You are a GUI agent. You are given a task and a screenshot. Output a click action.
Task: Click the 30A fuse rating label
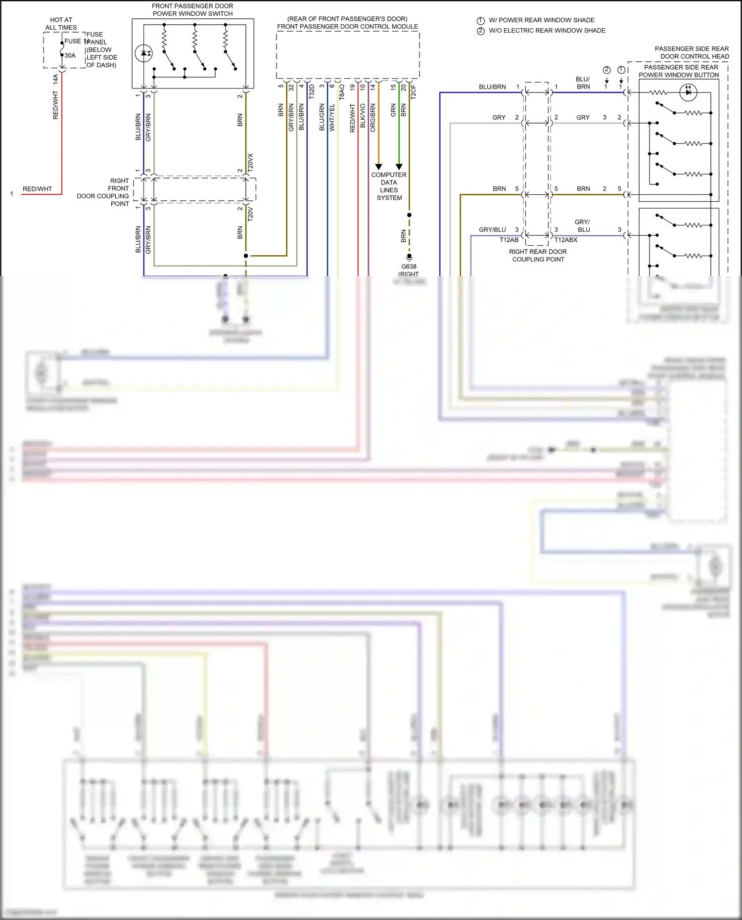(70, 55)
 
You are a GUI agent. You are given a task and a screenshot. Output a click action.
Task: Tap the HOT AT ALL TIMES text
(61, 24)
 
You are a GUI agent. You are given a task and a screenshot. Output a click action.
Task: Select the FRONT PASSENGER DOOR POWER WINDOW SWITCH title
(192, 10)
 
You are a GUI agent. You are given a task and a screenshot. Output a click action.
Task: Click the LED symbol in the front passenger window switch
(144, 53)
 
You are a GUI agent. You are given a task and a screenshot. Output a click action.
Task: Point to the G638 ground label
(409, 266)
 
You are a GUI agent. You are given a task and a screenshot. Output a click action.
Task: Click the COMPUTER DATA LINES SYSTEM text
(389, 186)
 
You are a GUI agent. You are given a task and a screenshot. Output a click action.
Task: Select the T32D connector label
(312, 92)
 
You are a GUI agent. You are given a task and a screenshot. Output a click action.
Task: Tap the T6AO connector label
(342, 92)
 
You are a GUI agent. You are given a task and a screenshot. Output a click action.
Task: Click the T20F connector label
(414, 92)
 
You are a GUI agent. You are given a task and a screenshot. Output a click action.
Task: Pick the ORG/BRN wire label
(373, 118)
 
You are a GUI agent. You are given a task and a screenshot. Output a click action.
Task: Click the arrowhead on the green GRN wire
(399, 167)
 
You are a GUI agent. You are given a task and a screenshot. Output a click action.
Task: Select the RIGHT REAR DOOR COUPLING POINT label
(538, 256)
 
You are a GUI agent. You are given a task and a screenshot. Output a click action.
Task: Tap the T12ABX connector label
(565, 240)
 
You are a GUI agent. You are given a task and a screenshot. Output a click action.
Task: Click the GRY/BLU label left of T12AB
(492, 229)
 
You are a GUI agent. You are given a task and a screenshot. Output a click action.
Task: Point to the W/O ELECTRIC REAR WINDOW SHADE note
(547, 31)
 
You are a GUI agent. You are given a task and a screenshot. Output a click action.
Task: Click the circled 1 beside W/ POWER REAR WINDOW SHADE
(480, 21)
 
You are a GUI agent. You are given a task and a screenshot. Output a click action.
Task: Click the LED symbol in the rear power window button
(688, 92)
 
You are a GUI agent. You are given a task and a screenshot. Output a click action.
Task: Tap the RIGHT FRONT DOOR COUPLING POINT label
(103, 192)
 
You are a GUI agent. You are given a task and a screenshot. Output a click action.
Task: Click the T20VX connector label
(250, 162)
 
